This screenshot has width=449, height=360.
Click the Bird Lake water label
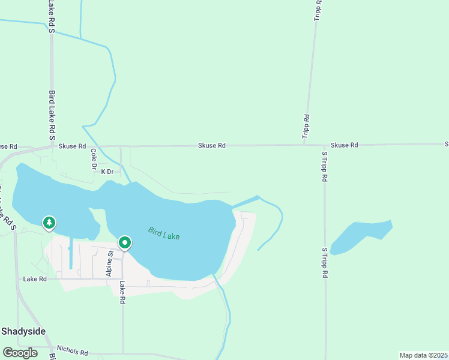[164, 233]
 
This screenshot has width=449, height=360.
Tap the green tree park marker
[49, 223]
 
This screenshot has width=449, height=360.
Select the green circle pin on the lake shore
[125, 243]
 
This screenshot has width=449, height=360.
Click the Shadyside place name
[23, 331]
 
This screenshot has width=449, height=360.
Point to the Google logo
[20, 352]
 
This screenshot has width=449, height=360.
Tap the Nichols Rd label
[72, 350]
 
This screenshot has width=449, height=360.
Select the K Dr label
[107, 172]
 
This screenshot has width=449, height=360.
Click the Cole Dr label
[94, 160]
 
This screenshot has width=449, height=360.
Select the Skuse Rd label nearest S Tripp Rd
[344, 145]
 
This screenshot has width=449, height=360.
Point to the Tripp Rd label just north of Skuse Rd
[306, 127]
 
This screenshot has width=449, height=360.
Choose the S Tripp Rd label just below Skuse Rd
[324, 166]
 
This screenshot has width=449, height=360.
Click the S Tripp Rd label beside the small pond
[324, 262]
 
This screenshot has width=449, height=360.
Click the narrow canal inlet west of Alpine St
[71, 252]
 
